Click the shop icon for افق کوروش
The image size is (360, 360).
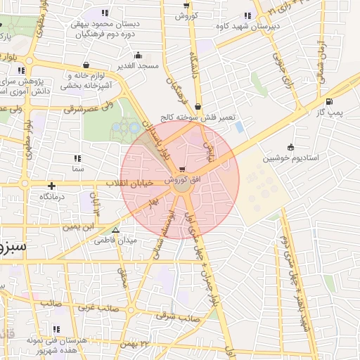pos(183,169)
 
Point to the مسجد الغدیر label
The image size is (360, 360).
pos(139,65)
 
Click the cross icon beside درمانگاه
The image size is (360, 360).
pos(51,186)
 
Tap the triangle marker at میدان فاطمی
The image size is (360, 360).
pos(116,229)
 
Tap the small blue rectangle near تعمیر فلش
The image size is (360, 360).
pos(240,127)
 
